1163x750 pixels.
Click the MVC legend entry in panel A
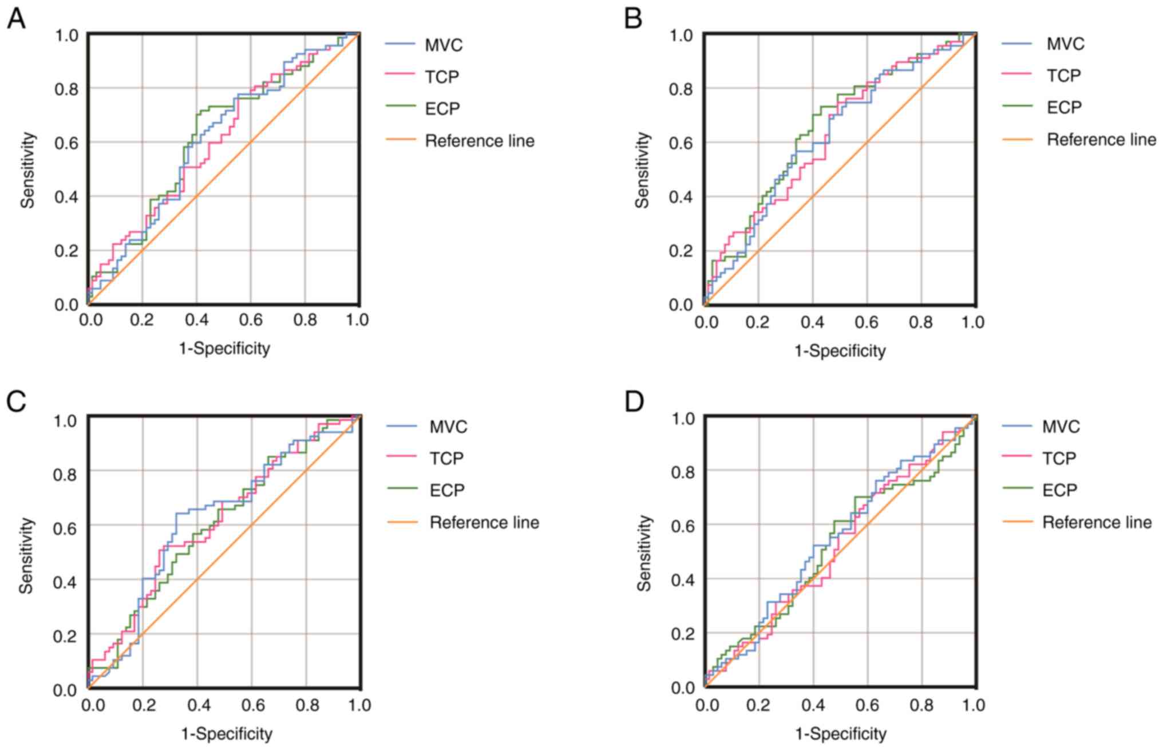pos(443,45)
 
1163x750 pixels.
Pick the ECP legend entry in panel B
pos(1064,107)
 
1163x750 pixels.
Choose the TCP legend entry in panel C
pos(446,458)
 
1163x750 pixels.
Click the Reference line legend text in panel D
pos(1097,522)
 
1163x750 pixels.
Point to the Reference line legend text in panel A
pos(479,141)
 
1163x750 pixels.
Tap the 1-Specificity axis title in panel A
pos(224,348)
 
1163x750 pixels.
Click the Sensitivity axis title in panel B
pos(643,170)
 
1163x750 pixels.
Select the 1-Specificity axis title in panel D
pos(840,733)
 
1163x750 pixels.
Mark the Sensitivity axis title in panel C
pos(26,555)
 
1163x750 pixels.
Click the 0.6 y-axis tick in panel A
pos(66,142)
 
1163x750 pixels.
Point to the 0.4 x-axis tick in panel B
pos(812,322)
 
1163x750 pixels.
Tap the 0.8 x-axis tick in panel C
pos(307,705)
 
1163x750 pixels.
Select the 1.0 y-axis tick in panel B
pos(682,35)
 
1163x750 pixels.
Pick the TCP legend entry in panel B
pos(1063,76)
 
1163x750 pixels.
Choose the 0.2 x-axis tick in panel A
pos(141,319)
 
